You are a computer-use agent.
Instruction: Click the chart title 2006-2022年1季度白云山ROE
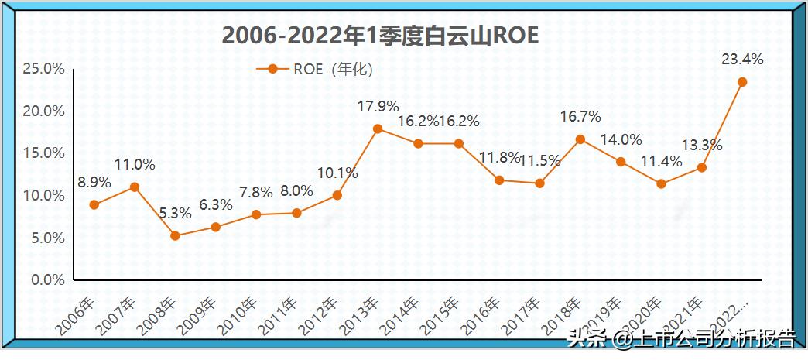click(x=380, y=36)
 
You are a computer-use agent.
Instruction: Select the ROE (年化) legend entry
click(x=315, y=69)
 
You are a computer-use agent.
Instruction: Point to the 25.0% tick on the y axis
click(x=43, y=69)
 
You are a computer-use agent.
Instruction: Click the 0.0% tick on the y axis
click(x=46, y=280)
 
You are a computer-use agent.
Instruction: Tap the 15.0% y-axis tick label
click(x=43, y=153)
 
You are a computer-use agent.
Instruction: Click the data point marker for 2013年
click(x=378, y=129)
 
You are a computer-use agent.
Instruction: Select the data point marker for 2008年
click(x=175, y=235)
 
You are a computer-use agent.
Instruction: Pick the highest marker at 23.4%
click(x=742, y=82)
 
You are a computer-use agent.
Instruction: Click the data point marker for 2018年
click(x=580, y=139)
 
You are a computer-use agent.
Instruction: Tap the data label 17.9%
click(x=378, y=106)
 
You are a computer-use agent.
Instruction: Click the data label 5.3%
click(x=175, y=213)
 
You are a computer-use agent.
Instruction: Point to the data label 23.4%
click(x=742, y=59)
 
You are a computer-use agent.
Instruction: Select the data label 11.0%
click(x=135, y=164)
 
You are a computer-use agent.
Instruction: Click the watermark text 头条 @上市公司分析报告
click(x=680, y=338)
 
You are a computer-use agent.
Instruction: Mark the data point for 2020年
click(x=661, y=184)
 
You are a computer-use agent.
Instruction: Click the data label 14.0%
click(x=621, y=139)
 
